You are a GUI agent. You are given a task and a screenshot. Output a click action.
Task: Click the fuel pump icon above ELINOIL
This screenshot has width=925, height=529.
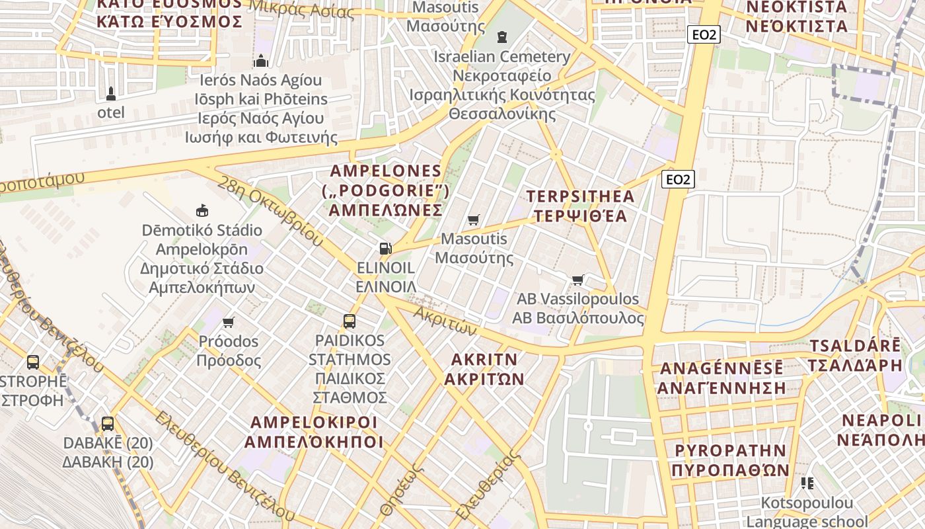pyautogui.click(x=385, y=249)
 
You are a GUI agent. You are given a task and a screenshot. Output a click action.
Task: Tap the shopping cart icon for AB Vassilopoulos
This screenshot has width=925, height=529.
pyautogui.click(x=578, y=280)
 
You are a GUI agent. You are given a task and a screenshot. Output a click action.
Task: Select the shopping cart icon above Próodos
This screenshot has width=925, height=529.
pyautogui.click(x=229, y=322)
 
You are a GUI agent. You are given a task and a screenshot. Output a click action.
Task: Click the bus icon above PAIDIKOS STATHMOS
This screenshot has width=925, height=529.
pyautogui.click(x=350, y=321)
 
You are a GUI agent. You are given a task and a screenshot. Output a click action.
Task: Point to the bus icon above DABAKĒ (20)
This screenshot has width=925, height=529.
pyautogui.click(x=108, y=423)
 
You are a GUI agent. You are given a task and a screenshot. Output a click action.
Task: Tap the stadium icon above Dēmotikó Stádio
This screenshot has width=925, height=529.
pyautogui.click(x=202, y=211)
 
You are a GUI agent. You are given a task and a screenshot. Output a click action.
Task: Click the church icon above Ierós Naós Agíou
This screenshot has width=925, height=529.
pyautogui.click(x=261, y=61)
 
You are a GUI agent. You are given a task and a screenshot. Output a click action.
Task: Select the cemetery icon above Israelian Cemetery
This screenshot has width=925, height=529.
pyautogui.click(x=502, y=36)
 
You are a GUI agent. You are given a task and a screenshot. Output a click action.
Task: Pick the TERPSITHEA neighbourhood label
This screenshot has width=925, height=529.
pyautogui.click(x=580, y=196)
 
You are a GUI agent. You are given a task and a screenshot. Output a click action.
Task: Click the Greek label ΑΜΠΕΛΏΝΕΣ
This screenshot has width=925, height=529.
pyautogui.click(x=386, y=210)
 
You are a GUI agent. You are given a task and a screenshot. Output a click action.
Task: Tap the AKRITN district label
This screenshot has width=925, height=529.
pyautogui.click(x=484, y=359)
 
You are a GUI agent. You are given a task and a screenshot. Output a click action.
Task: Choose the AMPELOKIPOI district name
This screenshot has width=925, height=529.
pyautogui.click(x=314, y=423)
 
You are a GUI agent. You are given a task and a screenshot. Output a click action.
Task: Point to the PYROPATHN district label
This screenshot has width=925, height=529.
pyautogui.click(x=730, y=451)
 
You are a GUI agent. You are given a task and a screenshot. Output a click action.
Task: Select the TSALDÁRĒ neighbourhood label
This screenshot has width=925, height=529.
pyautogui.click(x=854, y=346)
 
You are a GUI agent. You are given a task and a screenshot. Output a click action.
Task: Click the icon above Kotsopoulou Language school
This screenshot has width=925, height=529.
pyautogui.click(x=807, y=483)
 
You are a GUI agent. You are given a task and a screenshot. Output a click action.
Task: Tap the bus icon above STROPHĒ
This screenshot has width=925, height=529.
pyautogui.click(x=33, y=362)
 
